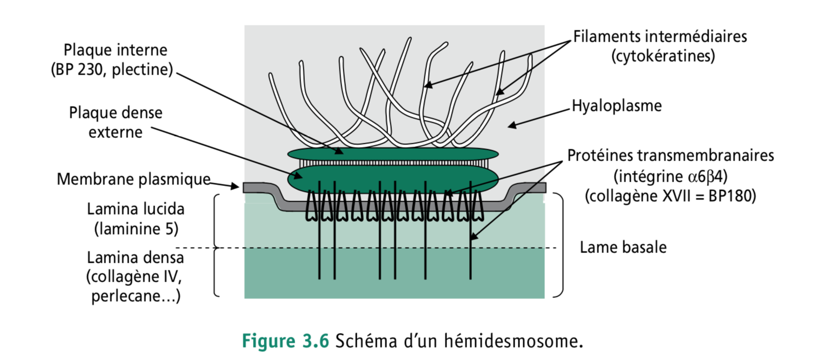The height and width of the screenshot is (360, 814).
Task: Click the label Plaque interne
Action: click(x=116, y=50)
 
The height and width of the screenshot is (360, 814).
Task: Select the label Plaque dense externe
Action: click(x=116, y=122)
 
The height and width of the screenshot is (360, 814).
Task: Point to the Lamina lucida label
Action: click(x=136, y=209)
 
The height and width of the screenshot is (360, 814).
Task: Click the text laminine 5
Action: click(x=136, y=229)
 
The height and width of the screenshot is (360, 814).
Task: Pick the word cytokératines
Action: click(x=663, y=56)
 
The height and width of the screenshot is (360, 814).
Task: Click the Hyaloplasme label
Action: click(x=617, y=106)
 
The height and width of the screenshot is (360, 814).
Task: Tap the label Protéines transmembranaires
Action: click(x=671, y=156)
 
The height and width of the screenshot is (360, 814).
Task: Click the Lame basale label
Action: click(x=623, y=248)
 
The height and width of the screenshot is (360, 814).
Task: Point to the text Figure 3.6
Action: click(x=285, y=342)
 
